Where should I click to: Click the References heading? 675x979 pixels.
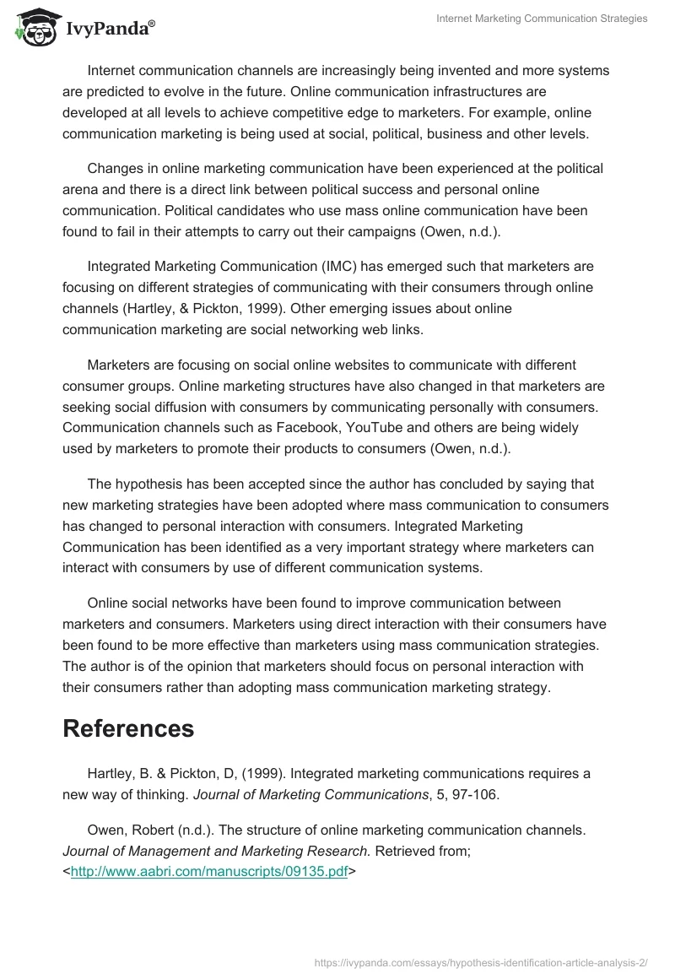click(128, 728)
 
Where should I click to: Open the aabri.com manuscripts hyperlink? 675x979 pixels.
click(209, 873)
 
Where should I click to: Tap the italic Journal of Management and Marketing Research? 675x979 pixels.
click(215, 852)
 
